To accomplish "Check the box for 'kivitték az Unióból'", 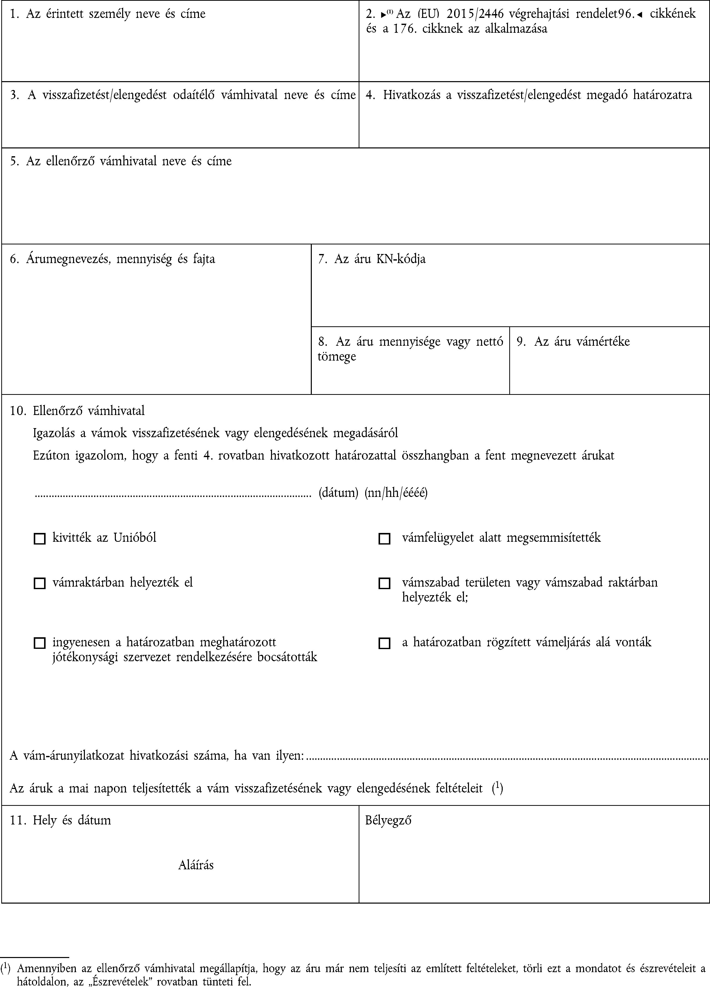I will (x=40, y=539).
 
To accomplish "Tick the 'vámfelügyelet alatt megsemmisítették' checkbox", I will (x=384, y=539).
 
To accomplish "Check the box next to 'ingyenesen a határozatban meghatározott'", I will (x=40, y=643).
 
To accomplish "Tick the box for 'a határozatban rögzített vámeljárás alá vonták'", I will (x=384, y=643).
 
